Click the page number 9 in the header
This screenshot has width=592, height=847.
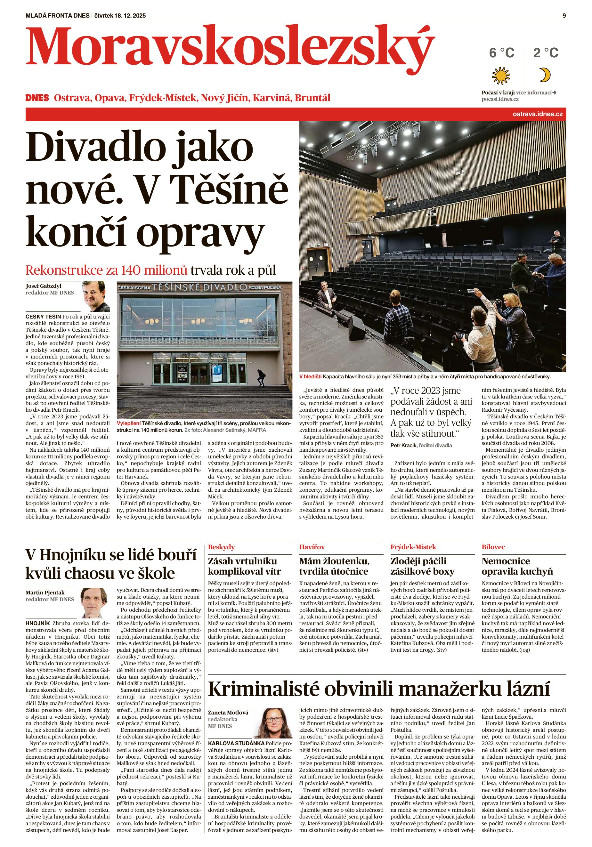[x=564, y=5]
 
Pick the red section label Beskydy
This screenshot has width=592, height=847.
[x=222, y=547]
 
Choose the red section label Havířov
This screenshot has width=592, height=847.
[x=312, y=547]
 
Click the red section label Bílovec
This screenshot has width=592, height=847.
[x=493, y=547]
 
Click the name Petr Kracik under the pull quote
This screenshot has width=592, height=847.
[x=403, y=445]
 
